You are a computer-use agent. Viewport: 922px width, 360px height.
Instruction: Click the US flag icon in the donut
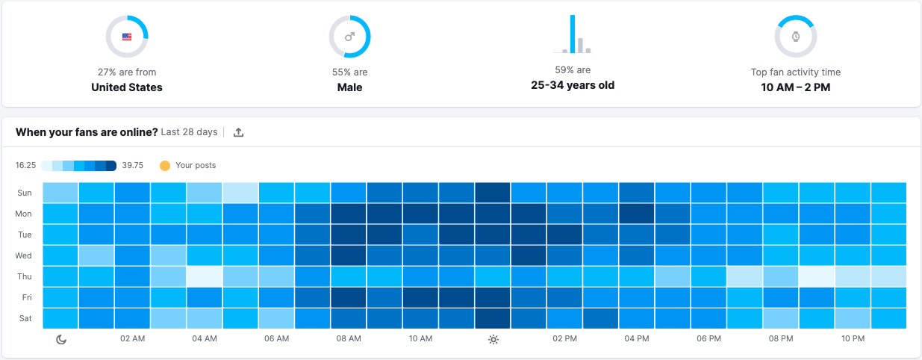[127, 36]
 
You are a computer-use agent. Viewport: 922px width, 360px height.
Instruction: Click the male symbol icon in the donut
[349, 36]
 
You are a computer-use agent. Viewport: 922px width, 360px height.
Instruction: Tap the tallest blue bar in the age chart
[573, 34]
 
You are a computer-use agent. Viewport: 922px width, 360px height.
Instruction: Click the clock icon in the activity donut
[795, 36]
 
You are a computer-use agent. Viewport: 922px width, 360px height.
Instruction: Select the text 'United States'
[127, 87]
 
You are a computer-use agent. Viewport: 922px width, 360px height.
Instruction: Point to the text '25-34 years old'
[573, 85]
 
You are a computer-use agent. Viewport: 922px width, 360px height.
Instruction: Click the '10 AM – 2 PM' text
[795, 87]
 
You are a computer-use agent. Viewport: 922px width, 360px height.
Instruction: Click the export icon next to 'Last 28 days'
[239, 132]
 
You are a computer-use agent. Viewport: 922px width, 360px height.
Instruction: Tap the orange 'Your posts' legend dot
[165, 165]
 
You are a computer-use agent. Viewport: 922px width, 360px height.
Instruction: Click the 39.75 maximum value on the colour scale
[133, 165]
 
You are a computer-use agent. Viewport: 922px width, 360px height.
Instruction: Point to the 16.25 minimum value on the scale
[26, 165]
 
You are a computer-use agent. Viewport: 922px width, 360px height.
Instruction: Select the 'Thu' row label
[24, 276]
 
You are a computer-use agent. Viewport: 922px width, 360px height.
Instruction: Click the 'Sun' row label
[24, 193]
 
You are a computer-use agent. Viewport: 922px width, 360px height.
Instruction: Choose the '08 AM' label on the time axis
[349, 339]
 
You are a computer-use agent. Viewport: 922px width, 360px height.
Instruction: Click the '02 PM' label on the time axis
[565, 339]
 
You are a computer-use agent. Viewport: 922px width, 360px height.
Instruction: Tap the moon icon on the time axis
[61, 339]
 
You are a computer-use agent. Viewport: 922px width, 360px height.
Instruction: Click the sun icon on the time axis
[493, 339]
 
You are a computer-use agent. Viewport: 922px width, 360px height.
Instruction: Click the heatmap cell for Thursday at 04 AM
[205, 276]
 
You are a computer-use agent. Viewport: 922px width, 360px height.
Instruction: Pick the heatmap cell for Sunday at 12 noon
[493, 193]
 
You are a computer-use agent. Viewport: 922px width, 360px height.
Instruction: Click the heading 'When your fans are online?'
[87, 132]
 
